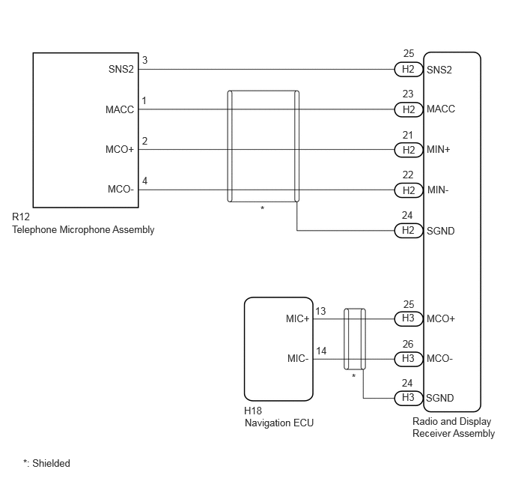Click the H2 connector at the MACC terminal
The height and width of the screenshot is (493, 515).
(409, 109)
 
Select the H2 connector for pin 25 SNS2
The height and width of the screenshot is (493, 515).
(409, 70)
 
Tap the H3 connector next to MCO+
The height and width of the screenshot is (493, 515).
(409, 318)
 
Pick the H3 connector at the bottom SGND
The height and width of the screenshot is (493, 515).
(409, 398)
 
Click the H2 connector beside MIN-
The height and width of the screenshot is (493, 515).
(409, 190)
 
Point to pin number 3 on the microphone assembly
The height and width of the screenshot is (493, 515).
(145, 60)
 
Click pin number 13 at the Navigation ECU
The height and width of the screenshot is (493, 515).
(320, 311)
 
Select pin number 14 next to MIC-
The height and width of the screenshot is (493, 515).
(321, 351)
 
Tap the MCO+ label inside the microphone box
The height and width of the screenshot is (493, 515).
(120, 150)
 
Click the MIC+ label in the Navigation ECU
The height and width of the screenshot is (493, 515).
(298, 318)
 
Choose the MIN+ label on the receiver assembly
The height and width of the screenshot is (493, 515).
(438, 150)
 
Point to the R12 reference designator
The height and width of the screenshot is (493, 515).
(21, 217)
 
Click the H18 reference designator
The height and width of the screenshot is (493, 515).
(253, 411)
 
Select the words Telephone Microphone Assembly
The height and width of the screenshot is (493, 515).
(83, 229)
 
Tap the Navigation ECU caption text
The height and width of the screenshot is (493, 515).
(279, 423)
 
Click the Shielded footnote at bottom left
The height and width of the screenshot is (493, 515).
(46, 463)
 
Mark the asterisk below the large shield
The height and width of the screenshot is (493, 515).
(263, 208)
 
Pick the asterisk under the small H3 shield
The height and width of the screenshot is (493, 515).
(354, 375)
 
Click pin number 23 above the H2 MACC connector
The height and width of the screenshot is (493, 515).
(408, 94)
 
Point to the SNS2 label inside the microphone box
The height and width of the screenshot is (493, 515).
(121, 70)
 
